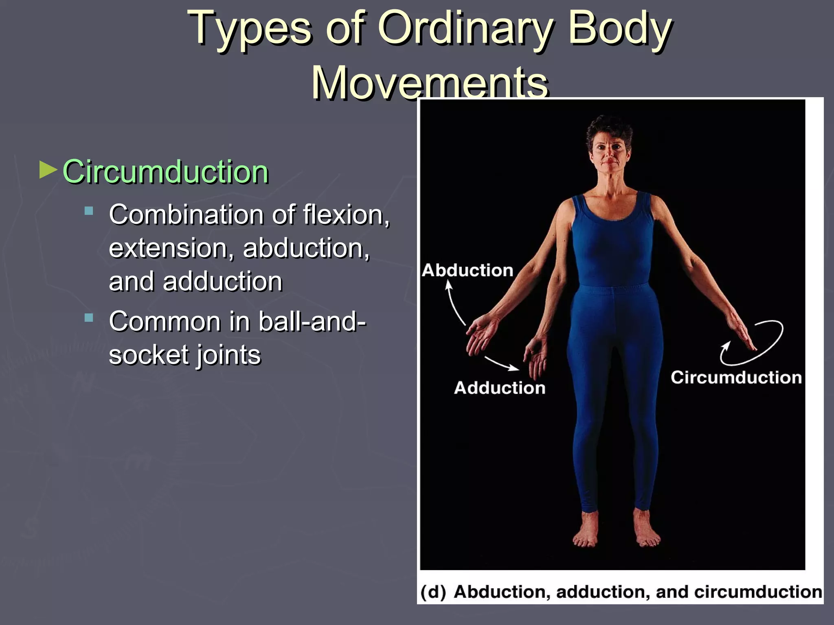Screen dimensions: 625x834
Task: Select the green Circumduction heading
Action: point(165,172)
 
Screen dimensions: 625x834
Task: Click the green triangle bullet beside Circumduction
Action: point(48,170)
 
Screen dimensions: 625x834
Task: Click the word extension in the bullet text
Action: point(168,248)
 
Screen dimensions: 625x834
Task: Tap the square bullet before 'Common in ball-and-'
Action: point(89,317)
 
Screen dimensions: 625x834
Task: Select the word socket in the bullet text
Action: point(147,355)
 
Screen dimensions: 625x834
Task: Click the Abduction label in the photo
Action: point(467,271)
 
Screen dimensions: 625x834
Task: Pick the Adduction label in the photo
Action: point(500,388)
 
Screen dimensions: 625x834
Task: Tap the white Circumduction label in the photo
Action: point(736,378)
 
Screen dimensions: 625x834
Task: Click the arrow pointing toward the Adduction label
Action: point(502,364)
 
